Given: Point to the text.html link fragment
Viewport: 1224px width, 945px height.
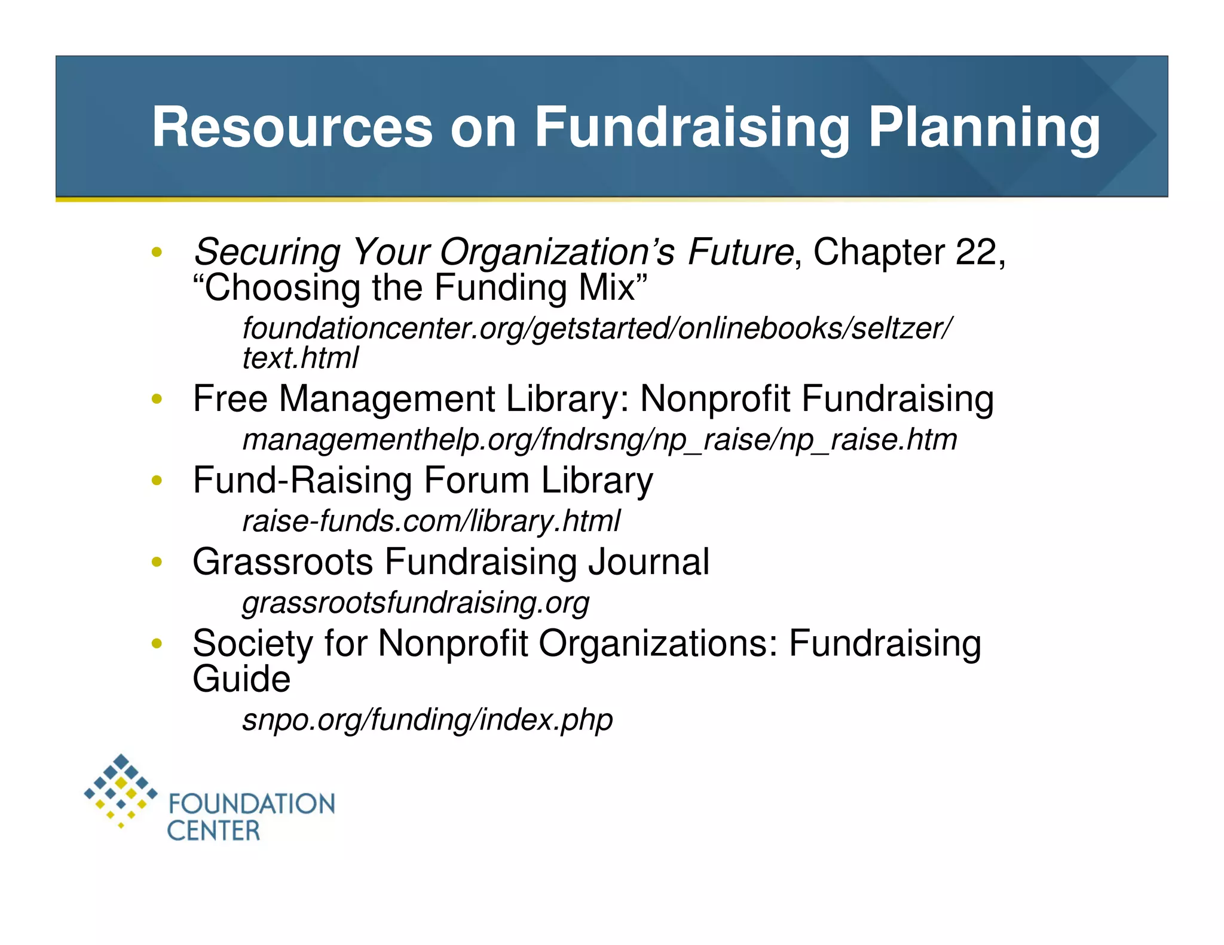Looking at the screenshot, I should tap(300, 358).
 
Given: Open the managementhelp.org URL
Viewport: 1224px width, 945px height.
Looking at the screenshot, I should tap(599, 440).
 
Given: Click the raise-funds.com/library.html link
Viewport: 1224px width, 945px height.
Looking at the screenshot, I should tap(431, 521).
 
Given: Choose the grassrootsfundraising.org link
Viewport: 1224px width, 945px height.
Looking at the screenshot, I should tap(415, 602).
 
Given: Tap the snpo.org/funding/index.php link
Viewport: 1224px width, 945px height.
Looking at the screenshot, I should tap(427, 719).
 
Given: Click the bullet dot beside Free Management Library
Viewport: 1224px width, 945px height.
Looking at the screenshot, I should tap(157, 398).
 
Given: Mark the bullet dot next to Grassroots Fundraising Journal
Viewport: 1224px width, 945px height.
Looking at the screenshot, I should tap(157, 562).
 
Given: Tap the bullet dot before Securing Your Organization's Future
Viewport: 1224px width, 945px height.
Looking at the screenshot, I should tap(157, 251).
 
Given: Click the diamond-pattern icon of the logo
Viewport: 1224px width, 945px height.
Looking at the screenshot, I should tap(121, 790).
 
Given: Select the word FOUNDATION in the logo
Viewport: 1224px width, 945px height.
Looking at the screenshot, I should tap(252, 804).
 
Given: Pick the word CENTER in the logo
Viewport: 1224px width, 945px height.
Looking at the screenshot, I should tap(213, 831).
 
